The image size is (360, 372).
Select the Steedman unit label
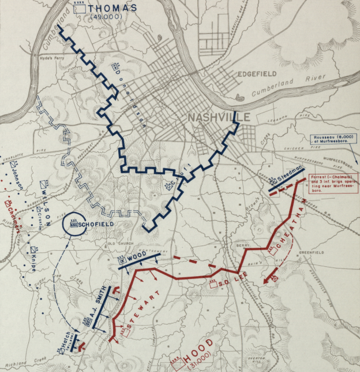291,174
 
